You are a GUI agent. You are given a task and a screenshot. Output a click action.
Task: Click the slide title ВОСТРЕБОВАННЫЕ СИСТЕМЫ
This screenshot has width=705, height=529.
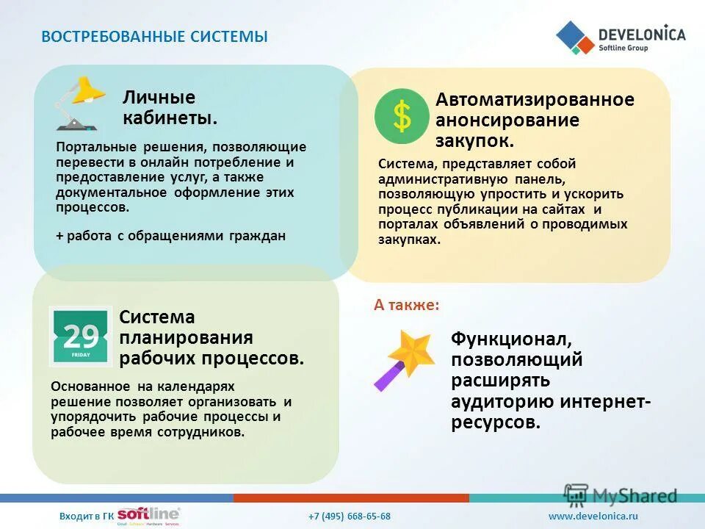[155, 37]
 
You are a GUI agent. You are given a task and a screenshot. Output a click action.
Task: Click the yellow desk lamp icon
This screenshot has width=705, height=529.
[79, 104]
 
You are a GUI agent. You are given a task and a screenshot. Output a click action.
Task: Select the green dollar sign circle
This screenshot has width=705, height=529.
[402, 116]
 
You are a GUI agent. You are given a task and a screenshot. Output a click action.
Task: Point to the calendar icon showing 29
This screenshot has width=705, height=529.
[81, 337]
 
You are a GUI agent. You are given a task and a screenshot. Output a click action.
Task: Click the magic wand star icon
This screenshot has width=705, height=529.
[404, 360]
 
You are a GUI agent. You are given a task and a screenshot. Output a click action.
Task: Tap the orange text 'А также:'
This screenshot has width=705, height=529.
[406, 305]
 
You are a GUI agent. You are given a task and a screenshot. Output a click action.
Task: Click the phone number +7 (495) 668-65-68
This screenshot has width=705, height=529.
[350, 516]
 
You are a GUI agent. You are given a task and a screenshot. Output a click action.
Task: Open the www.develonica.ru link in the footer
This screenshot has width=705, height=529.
[593, 516]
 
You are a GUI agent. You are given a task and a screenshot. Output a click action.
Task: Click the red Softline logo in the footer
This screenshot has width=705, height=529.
[148, 514]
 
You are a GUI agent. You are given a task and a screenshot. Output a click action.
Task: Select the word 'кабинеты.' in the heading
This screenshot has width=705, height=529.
[170, 118]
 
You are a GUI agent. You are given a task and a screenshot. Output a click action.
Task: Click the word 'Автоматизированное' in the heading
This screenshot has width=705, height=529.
[535, 99]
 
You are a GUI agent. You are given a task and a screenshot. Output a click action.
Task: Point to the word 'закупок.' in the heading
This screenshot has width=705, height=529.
[474, 141]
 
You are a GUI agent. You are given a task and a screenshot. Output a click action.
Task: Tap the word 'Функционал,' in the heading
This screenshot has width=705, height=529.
[512, 339]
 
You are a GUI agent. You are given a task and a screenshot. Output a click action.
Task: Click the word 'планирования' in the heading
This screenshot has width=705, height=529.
[186, 337]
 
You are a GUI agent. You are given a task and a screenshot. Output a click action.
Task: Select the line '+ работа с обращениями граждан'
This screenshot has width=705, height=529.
[170, 236]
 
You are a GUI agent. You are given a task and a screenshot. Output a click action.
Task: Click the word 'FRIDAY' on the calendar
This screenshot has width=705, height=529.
[81, 355]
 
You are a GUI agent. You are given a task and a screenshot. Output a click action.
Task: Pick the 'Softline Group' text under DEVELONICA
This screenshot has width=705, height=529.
[623, 48]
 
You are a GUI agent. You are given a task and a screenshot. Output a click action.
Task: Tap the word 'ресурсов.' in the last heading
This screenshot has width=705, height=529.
[496, 422]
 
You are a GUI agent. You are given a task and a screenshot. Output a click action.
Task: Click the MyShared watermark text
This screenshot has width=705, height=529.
[634, 496]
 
